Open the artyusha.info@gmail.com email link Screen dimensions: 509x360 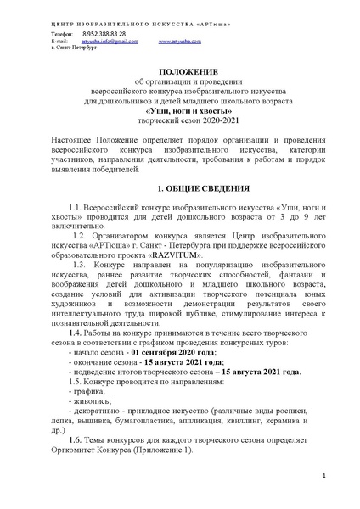[x=108, y=40]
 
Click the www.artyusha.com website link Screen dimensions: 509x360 [x=178, y=40]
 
